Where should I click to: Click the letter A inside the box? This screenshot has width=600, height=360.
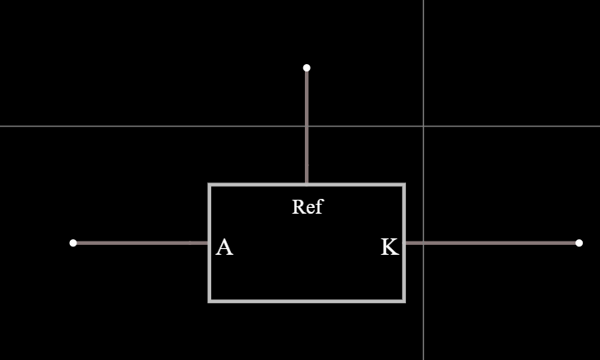click(224, 247)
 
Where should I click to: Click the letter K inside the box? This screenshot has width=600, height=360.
click(390, 247)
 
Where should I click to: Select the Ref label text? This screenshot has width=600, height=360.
click(307, 207)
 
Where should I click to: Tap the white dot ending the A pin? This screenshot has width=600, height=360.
click(73, 242)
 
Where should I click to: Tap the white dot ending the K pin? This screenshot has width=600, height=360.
click(579, 242)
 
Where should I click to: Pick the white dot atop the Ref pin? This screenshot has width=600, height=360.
click(307, 67)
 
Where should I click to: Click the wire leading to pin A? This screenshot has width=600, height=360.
click(140, 242)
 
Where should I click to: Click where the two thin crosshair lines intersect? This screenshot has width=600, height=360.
click(423, 126)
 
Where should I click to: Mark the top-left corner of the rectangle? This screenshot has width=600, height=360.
click(210, 185)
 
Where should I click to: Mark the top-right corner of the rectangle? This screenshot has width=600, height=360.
click(404, 185)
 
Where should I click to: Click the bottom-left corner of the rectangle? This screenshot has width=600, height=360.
click(210, 301)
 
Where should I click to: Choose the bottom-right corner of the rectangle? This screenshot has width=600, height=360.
click(404, 301)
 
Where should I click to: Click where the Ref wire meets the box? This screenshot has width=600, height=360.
click(307, 185)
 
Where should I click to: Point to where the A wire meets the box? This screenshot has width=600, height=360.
click(210, 242)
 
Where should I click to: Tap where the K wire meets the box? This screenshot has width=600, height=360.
click(404, 242)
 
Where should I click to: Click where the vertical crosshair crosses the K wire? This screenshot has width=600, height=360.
click(423, 242)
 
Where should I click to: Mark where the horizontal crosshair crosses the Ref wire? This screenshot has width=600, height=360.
click(307, 126)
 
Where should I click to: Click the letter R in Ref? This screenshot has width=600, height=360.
click(298, 207)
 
